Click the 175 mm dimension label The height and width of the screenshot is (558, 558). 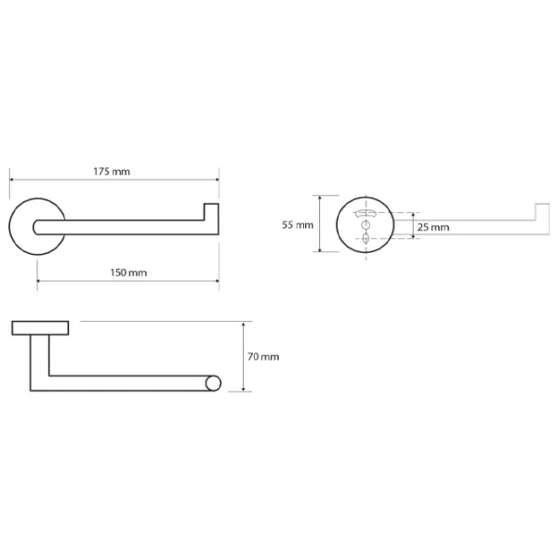pos(112,171)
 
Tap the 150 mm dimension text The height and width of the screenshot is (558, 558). pos(128,272)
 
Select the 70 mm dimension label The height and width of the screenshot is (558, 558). pos(263,356)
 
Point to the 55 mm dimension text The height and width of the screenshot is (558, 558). pos(298,225)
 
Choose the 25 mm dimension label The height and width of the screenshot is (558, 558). pos(433,227)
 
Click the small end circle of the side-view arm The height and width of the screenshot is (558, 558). pos(213,383)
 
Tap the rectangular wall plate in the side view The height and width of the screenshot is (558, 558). pos(40,327)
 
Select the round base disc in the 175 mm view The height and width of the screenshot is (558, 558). pos(37,227)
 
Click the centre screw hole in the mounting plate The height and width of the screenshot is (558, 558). pos(365,224)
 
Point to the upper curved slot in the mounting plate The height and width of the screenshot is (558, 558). pos(365,213)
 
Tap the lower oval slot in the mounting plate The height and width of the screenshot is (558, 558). pos(365,238)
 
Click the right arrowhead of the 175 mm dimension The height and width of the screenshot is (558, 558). pos(217,179)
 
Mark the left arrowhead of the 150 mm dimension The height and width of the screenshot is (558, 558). pos(39,281)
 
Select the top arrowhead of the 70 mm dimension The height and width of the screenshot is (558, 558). pos(244,324)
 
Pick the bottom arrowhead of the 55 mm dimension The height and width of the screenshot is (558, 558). pos(320,249)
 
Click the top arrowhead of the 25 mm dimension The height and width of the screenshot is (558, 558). pos(413,215)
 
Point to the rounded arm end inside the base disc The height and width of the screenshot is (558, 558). pos(35,228)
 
